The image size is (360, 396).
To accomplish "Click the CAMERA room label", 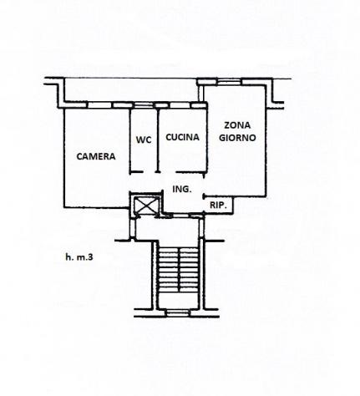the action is pos(96,156).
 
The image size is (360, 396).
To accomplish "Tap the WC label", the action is pos(144,140).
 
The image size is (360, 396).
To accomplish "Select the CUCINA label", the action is pos(182,137).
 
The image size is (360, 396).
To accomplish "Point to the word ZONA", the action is pos(237,125).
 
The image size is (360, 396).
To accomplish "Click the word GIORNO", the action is pos(237,138).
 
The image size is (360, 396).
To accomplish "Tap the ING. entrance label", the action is pos(182,189).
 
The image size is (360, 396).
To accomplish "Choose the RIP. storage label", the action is pos(218,206).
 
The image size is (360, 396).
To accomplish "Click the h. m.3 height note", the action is pos(79,257).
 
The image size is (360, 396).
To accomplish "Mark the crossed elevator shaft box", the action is pos(146,205).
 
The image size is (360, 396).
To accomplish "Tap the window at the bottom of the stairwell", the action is pos(178,312).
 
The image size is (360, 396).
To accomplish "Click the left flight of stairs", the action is pos(168,270).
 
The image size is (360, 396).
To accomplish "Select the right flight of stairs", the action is pos(189,270).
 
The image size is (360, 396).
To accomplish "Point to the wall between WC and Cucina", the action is pos(158,140).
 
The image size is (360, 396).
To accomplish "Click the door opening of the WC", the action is pos(149,172).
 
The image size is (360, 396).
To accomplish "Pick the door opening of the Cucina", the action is pos(169,172).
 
